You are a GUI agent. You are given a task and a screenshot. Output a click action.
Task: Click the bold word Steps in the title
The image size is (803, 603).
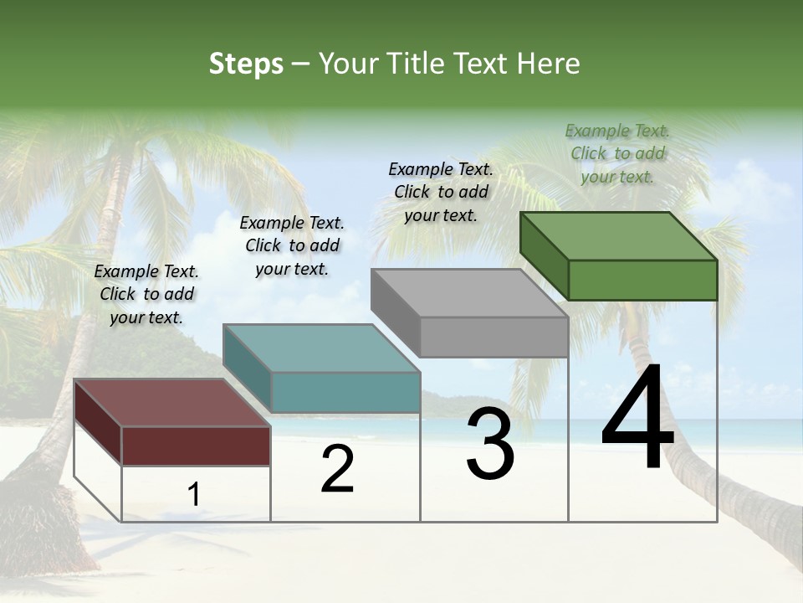click(246, 64)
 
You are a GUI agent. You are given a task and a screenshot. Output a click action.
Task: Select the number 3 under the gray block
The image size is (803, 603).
click(490, 444)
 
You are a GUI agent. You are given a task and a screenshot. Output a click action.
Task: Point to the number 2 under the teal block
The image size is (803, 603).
click(338, 470)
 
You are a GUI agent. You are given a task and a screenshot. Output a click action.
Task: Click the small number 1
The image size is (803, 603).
click(193, 495)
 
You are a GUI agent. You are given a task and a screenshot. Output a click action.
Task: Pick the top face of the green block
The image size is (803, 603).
click(617, 235)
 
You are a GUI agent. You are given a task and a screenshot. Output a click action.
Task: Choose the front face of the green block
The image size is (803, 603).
click(642, 280)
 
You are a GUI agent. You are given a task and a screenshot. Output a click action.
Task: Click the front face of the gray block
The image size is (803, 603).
click(494, 337)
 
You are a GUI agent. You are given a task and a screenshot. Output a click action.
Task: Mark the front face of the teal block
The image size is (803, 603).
click(345, 392)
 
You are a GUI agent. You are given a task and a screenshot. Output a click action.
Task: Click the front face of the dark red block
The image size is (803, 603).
click(196, 446)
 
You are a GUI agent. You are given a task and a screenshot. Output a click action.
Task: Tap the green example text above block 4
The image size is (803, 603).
click(617, 153)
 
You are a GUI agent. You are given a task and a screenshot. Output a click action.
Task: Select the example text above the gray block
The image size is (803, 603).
click(441, 192)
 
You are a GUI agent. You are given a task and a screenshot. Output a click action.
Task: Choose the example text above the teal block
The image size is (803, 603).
click(292, 245)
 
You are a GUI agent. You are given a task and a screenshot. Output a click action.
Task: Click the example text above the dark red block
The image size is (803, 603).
click(146, 294)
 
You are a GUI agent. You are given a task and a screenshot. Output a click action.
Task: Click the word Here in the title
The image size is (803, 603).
click(548, 64)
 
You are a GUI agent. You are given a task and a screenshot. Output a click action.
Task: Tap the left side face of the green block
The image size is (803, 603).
click(544, 255)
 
